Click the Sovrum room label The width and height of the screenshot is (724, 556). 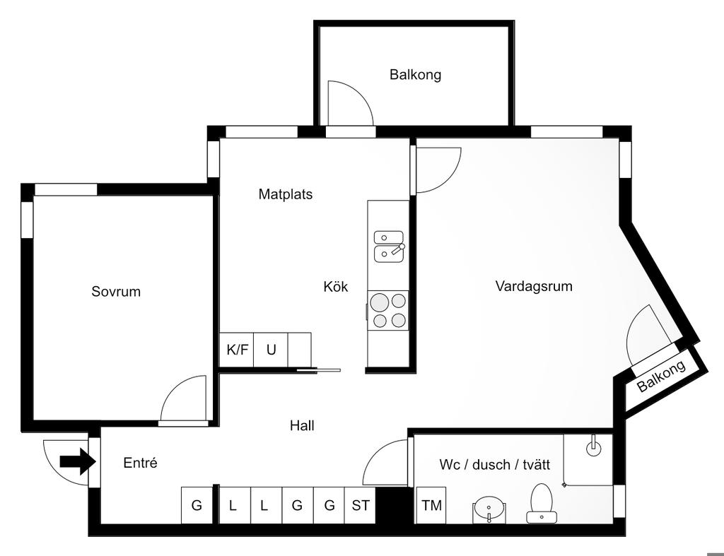(116, 291)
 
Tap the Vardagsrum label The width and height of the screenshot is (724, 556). (534, 286)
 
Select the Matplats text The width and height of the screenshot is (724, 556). (285, 194)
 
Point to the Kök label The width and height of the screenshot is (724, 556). (336, 287)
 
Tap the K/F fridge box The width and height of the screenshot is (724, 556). (237, 350)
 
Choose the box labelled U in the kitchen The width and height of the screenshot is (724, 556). (271, 350)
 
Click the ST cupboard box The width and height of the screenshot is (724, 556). (361, 506)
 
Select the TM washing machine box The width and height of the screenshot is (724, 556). (431, 506)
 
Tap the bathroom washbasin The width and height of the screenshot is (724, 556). (489, 508)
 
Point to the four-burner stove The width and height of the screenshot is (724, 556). (389, 311)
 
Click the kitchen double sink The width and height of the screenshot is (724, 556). (388, 245)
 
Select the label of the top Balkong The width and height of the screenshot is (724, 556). (415, 74)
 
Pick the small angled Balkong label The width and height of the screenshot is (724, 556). (662, 377)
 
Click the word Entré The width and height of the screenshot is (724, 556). (140, 463)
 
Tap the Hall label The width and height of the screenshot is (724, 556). (302, 425)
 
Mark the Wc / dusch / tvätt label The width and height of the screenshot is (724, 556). (495, 464)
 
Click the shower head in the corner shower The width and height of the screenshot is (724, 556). (593, 447)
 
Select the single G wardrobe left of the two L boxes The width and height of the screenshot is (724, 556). (197, 506)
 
